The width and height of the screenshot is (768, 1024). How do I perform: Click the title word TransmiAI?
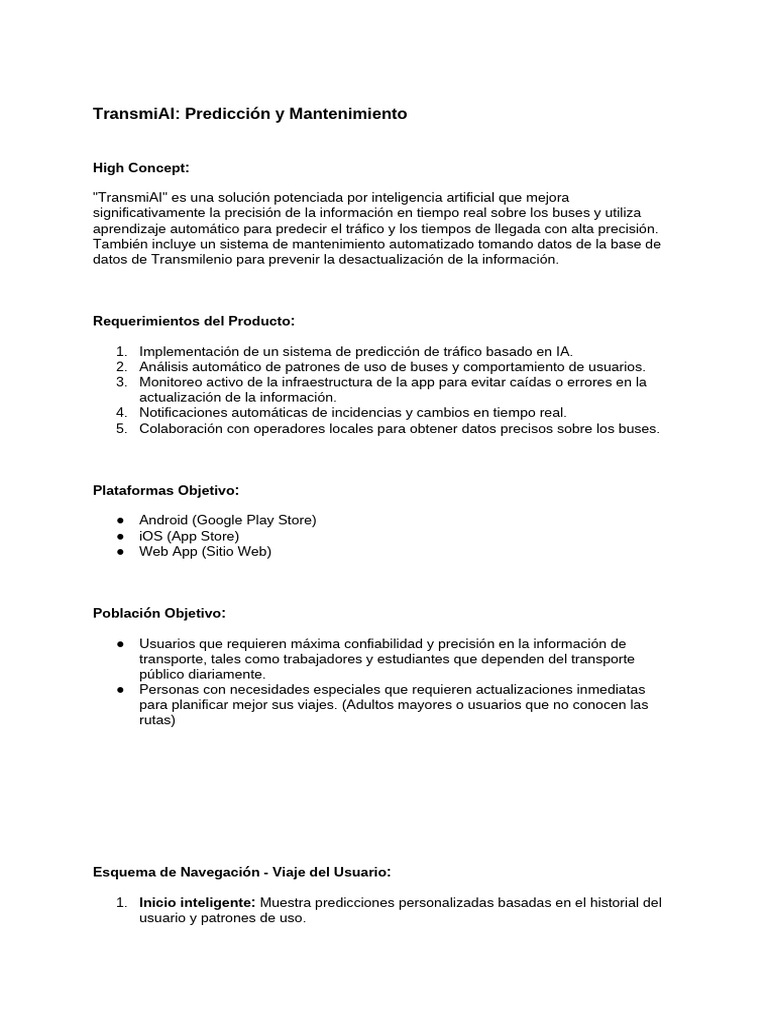pos(131,114)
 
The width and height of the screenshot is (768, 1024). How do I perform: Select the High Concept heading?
pos(141,167)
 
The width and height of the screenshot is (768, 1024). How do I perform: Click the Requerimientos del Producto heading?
pos(194,321)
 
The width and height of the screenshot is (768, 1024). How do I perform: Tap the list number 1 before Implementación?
pos(121,351)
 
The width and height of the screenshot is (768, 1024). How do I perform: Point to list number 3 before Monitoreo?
pos(121,382)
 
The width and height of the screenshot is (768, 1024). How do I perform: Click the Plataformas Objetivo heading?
pos(166,490)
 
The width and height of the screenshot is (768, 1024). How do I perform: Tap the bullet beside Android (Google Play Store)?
pos(120,520)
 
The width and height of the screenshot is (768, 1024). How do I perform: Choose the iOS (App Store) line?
pos(189,536)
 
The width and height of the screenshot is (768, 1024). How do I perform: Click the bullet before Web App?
pos(120,551)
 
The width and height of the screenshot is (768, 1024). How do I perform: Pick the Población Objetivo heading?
pos(159,612)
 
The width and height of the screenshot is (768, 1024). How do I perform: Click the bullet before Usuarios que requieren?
pos(120,643)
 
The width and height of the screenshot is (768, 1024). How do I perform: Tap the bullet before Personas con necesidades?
pos(120,689)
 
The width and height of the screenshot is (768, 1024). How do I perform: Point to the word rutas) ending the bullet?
pos(157,720)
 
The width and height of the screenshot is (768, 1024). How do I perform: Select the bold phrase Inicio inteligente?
pos(197,903)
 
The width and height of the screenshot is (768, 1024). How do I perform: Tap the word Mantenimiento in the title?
pos(348,114)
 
